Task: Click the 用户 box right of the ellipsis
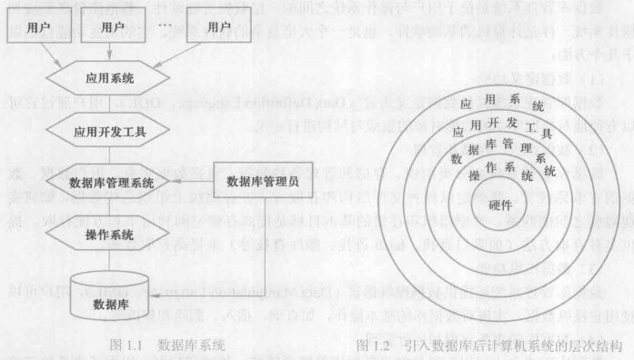(x=219, y=28)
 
